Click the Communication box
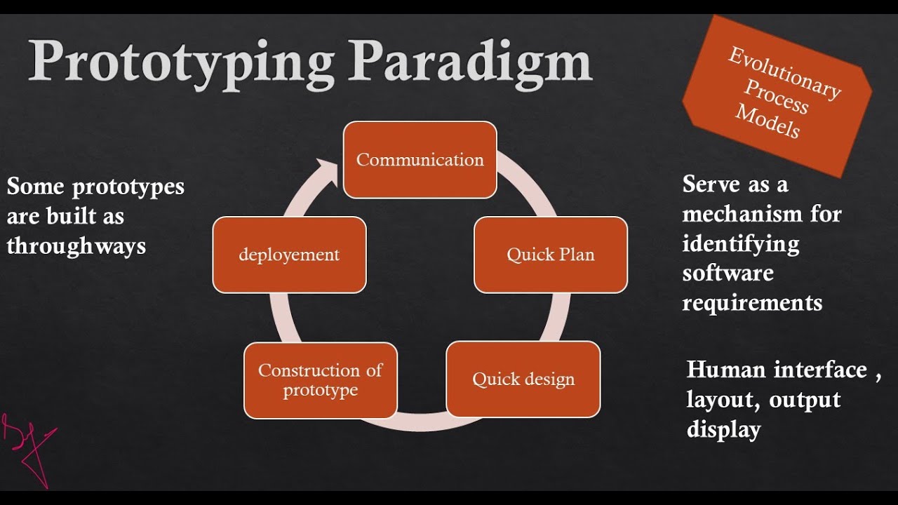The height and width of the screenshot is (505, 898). (420, 160)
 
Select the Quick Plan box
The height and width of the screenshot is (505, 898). (551, 255)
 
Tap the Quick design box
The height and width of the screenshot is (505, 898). (523, 379)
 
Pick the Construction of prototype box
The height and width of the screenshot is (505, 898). (321, 380)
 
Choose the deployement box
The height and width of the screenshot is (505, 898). (289, 255)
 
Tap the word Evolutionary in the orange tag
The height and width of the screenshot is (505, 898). (784, 73)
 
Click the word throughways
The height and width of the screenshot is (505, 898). (76, 246)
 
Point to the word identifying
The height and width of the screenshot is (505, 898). (741, 244)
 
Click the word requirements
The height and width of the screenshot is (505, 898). (752, 303)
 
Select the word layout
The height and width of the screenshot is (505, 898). (723, 400)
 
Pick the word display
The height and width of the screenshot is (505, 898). (723, 429)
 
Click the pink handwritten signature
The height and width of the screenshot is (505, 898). (28, 445)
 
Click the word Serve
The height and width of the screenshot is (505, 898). (712, 184)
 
